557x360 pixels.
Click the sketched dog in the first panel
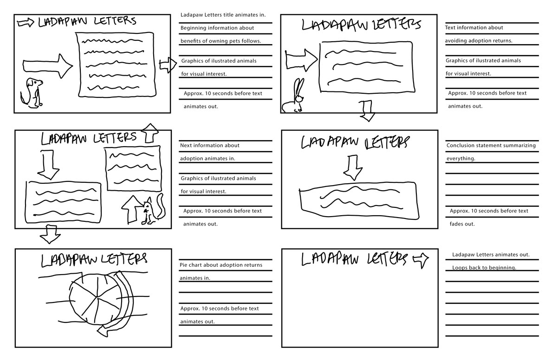click(32, 93)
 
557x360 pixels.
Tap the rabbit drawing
click(295, 97)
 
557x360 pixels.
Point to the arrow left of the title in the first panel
click(26, 22)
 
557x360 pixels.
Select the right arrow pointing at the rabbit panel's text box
click(301, 59)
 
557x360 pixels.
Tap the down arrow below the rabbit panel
click(368, 112)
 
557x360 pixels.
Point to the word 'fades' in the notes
click(456, 224)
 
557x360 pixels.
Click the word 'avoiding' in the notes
click(456, 41)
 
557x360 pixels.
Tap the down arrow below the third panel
click(50, 234)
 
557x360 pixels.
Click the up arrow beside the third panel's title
click(149, 133)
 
